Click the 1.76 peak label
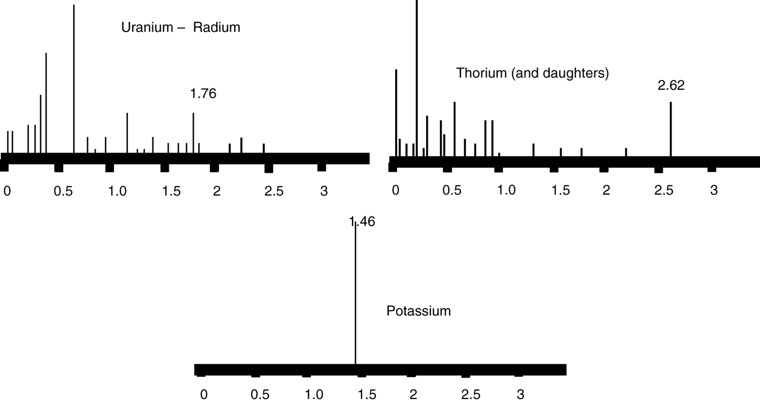coord(203,94)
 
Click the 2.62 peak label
coord(671,85)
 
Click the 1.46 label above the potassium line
coord(362,222)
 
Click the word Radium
coord(216,27)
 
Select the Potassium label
coord(418,311)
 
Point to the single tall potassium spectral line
coord(355,300)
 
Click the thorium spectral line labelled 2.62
coord(671,129)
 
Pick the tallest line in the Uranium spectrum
coord(74,78)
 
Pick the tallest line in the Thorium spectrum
coord(417,78)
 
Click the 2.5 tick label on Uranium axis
coord(274,191)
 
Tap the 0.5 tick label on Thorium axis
coord(451,190)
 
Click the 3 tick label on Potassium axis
coord(520,395)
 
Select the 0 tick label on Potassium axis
coord(204,395)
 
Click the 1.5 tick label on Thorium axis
coord(561,190)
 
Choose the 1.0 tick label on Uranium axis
coord(117,191)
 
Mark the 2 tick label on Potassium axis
coord(413,395)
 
